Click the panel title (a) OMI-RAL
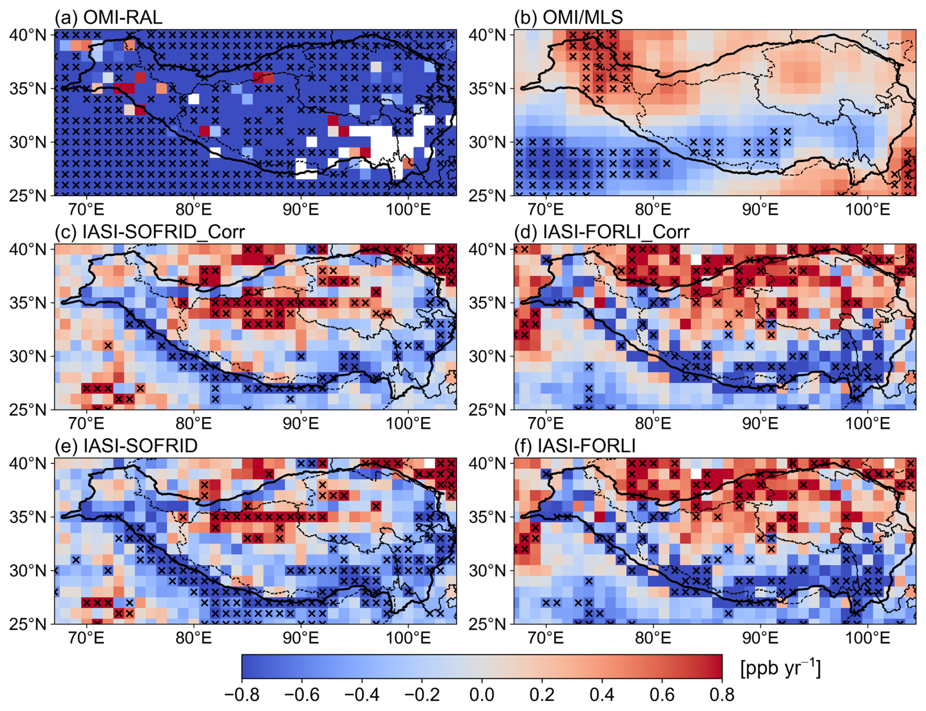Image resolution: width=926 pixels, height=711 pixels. [109, 18]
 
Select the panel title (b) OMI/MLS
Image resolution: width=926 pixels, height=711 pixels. [569, 18]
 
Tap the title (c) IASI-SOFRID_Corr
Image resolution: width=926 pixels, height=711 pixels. [150, 232]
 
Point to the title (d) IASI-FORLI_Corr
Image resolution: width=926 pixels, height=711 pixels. [602, 232]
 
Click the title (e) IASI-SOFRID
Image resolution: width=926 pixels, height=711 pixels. [126, 446]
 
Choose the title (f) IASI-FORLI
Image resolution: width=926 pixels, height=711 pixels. [575, 446]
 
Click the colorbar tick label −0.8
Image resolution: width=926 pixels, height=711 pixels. [242, 694]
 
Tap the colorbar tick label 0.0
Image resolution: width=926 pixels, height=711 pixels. [482, 694]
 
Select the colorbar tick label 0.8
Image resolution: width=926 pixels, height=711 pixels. [722, 694]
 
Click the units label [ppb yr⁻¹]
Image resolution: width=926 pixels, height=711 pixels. [780, 668]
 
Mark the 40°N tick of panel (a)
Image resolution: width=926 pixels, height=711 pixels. [28, 35]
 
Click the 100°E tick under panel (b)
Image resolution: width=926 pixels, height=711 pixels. [868, 210]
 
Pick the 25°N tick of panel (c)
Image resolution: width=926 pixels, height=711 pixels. [28, 409]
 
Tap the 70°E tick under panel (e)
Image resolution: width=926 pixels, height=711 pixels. [87, 638]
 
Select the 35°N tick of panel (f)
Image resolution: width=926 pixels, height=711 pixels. [487, 517]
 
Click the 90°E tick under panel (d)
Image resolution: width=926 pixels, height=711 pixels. [761, 424]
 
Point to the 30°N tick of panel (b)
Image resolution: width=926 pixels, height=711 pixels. [487, 142]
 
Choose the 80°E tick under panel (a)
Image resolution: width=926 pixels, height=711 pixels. [194, 210]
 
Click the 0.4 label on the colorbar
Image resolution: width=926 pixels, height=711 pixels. [602, 694]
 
